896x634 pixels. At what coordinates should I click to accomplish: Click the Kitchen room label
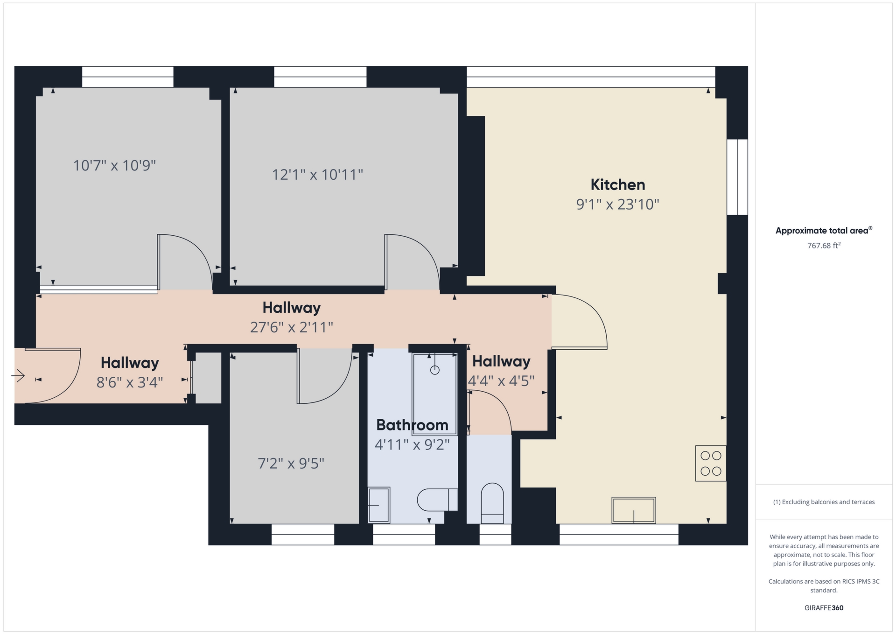tap(617, 185)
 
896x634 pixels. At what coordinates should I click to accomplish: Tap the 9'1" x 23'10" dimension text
tap(617, 204)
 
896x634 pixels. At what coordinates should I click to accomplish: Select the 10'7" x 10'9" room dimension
tap(114, 166)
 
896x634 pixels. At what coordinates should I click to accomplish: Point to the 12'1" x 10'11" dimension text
tap(317, 175)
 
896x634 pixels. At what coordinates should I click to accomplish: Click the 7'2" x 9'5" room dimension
tap(291, 464)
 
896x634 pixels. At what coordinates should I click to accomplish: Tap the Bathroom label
tap(412, 425)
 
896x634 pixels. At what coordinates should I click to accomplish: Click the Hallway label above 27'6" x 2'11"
tap(291, 308)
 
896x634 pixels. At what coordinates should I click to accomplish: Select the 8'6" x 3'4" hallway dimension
tap(129, 383)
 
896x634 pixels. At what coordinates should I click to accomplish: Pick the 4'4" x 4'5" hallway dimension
tap(501, 381)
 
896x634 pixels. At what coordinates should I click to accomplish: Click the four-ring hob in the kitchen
tap(711, 464)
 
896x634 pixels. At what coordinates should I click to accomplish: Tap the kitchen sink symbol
tap(633, 510)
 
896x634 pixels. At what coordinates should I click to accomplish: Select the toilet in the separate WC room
tap(492, 503)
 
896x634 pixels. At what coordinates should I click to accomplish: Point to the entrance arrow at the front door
tap(18, 375)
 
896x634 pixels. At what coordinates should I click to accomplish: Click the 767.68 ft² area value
tap(824, 246)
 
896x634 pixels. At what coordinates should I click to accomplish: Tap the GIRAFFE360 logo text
tap(824, 608)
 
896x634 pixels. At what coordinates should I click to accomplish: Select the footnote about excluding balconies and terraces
tap(824, 502)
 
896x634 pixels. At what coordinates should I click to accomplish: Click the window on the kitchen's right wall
tap(737, 177)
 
